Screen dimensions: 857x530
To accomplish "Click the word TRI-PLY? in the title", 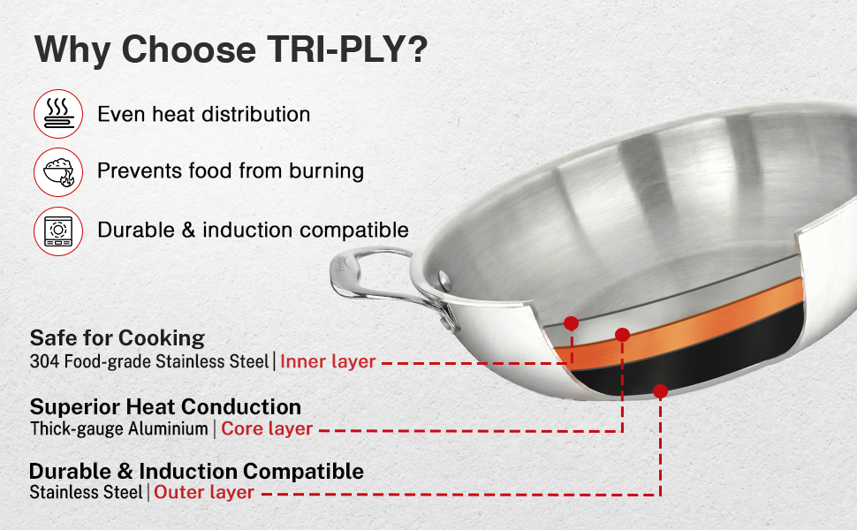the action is [347, 49].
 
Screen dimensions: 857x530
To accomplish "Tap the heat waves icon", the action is [58, 114].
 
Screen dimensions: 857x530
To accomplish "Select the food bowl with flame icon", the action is [58, 171].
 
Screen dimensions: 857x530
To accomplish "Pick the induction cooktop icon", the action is [58, 231].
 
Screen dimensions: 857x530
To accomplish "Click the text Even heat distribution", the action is [204, 114].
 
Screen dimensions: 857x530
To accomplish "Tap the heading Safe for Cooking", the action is [118, 338].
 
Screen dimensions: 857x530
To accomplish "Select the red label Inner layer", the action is [328, 361].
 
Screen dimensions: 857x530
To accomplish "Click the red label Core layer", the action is [267, 429].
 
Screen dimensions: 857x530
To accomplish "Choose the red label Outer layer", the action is [204, 492].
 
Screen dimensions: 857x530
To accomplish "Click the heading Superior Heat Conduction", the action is [165, 407].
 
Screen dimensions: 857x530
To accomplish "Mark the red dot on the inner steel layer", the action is [571, 323].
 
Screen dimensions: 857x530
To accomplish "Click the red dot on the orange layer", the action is [623, 335].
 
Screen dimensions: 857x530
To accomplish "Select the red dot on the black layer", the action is [660, 391].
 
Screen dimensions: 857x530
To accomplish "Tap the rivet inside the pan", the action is [445, 281].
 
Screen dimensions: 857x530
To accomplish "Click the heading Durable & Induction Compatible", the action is [197, 471].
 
